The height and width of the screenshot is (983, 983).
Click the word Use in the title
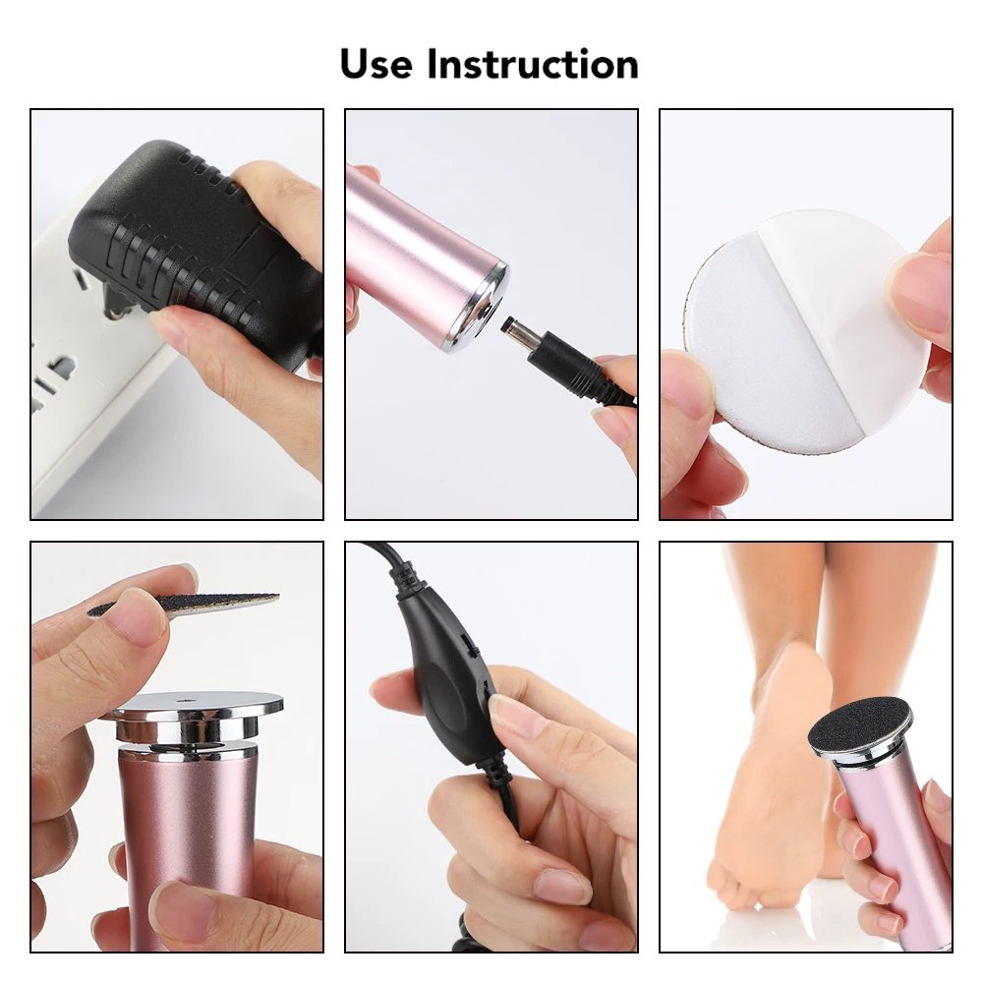click(x=376, y=64)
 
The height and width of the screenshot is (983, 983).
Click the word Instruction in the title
click(x=532, y=64)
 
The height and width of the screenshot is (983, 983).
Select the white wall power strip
click(x=79, y=374)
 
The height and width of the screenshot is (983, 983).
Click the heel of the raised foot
click(x=791, y=668)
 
